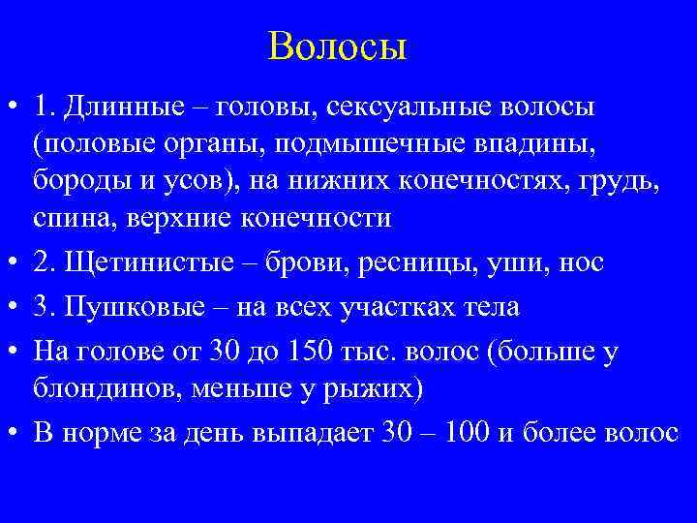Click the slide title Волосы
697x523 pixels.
[x=339, y=46]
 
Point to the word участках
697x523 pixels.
[x=385, y=307]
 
